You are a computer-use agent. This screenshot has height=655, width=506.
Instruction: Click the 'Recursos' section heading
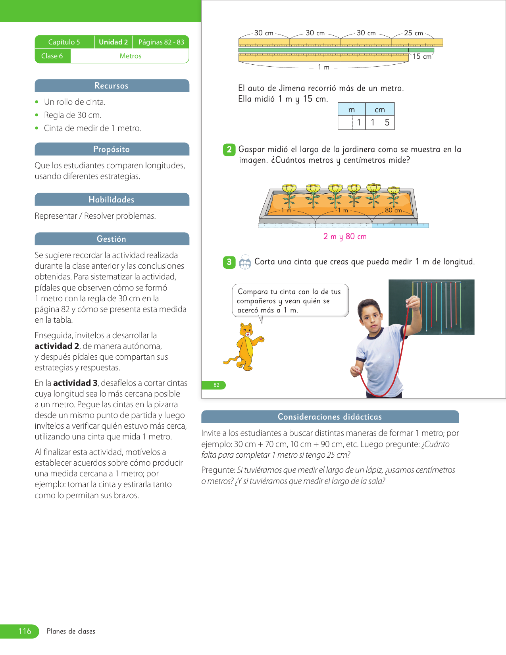[112, 86]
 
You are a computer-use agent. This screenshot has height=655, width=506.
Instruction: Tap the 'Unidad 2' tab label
[113, 42]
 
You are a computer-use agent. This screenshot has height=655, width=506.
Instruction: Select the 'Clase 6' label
[52, 56]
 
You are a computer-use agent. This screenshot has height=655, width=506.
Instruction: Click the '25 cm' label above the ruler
[414, 33]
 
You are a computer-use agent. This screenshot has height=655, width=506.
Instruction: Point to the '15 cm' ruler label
[422, 56]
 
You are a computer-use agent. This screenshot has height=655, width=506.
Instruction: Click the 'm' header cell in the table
[352, 110]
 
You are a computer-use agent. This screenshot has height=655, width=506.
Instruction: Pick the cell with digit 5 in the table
[387, 123]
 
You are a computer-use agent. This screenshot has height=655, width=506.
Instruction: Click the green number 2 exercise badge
[229, 150]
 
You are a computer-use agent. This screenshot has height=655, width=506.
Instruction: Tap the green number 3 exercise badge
[229, 262]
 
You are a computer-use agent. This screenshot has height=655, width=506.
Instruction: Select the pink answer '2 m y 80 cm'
[345, 237]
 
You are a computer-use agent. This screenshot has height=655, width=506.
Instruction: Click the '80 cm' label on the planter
[393, 210]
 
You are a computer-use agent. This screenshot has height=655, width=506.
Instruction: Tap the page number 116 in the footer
[25, 631]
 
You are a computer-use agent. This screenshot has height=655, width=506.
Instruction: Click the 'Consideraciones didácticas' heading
[330, 417]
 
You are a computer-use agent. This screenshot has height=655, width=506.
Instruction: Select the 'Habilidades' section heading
[112, 200]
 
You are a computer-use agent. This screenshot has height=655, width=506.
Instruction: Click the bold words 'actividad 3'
[75, 383]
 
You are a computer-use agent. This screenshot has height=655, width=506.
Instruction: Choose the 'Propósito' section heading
[112, 149]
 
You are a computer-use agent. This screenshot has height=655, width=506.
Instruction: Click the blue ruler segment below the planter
[400, 225]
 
